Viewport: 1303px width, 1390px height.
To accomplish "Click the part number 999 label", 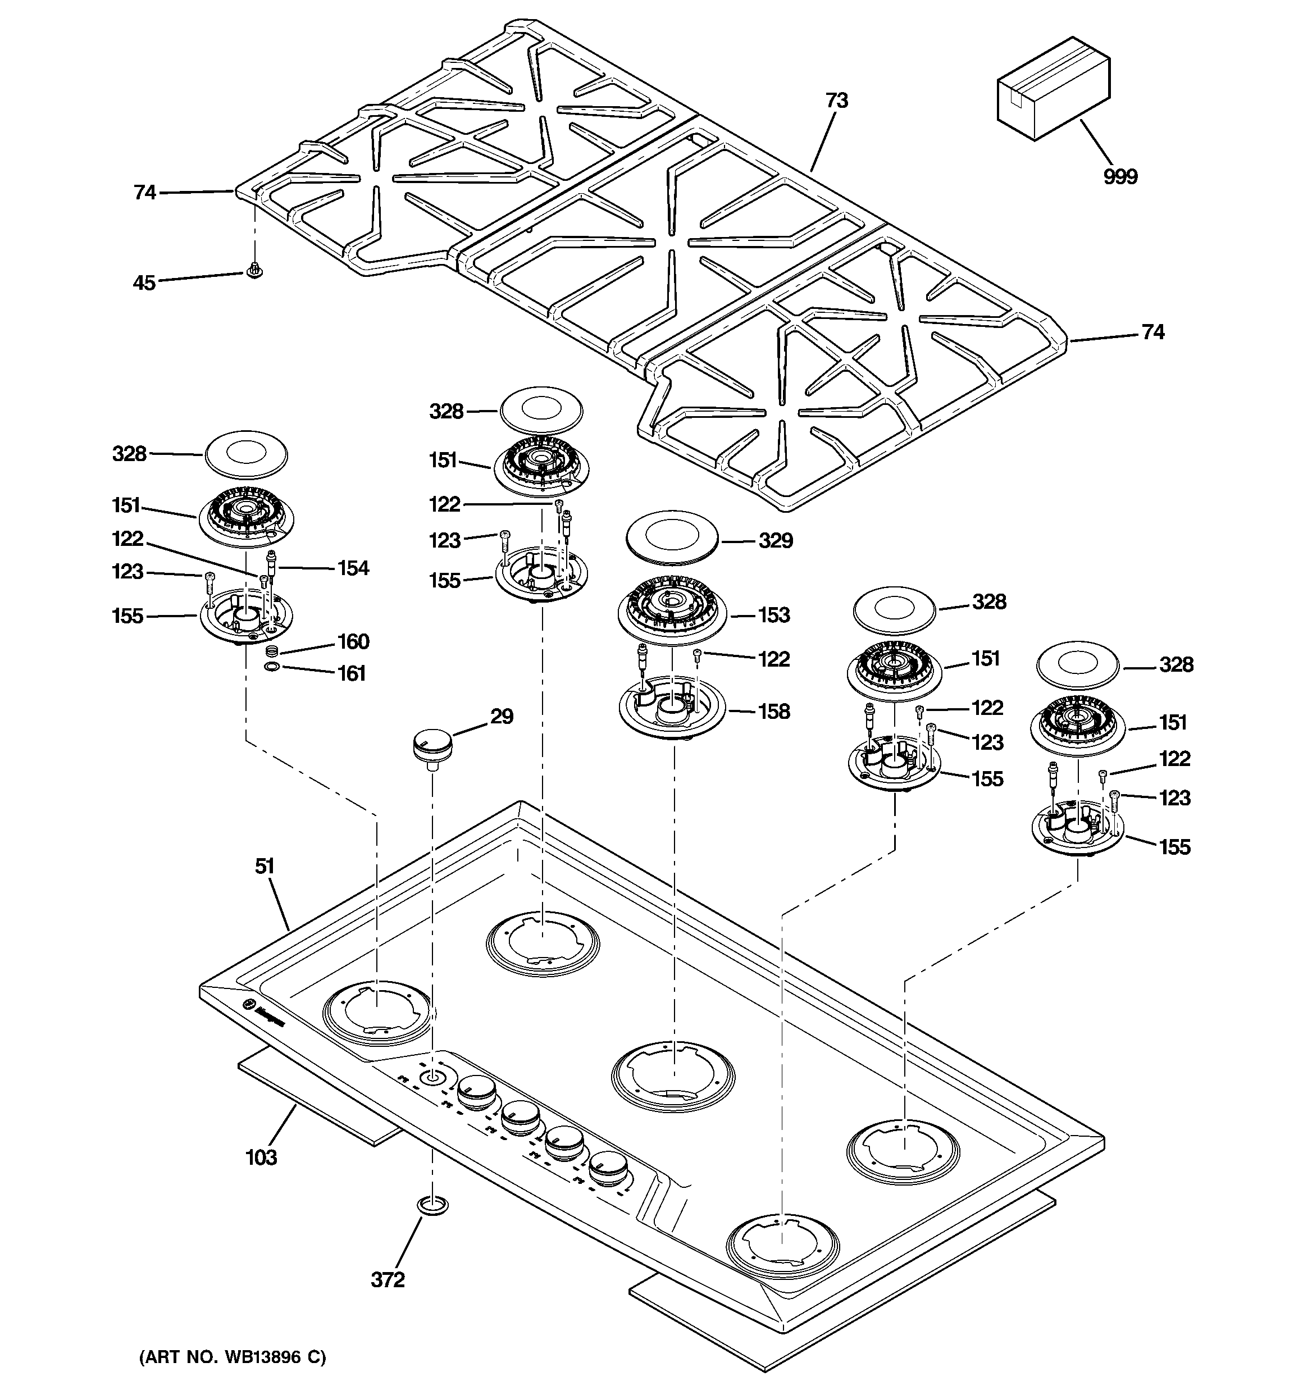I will tap(1120, 177).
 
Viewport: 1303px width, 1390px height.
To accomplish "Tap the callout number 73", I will tap(836, 101).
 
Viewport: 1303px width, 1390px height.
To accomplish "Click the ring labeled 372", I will tap(432, 1205).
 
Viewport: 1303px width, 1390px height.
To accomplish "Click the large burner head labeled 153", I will tap(672, 610).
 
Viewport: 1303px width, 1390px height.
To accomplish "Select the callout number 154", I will tap(353, 568).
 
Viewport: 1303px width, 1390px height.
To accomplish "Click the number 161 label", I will tap(352, 673).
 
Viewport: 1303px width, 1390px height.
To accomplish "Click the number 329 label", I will tap(775, 540).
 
